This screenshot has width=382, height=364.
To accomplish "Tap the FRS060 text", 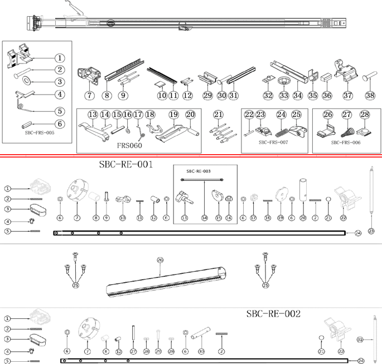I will [129, 146].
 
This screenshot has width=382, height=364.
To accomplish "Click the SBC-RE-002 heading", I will [273, 314].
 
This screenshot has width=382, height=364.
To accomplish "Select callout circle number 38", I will [370, 96].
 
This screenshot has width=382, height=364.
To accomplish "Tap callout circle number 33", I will [284, 96].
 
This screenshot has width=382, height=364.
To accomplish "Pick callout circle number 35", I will [313, 96].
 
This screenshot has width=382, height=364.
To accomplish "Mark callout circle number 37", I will [348, 96].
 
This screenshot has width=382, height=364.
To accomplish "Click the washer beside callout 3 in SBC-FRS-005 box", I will [26, 81].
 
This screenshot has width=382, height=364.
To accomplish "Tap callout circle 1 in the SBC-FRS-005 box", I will [60, 58].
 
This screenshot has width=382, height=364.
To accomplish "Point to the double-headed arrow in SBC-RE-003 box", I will [202, 179].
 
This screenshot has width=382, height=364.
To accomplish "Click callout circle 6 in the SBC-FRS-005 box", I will [60, 124].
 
